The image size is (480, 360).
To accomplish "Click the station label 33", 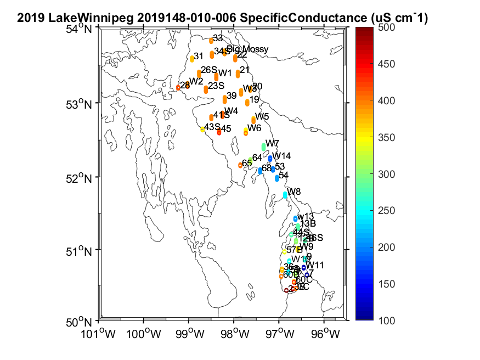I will [x=218, y=38].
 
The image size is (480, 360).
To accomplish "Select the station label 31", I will [x=199, y=56].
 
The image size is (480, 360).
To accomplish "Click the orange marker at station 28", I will [x=178, y=87].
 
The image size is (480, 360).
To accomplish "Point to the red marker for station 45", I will [x=219, y=132].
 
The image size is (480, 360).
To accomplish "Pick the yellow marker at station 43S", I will [x=202, y=130].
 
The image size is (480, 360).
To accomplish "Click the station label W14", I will [x=282, y=156].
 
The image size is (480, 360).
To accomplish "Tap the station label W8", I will [x=294, y=192].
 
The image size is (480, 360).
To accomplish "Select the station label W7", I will [x=273, y=143].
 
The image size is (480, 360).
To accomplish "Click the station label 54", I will [x=284, y=175].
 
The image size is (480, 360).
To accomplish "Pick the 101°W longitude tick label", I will [x=99, y=333].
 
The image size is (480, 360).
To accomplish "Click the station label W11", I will [x=315, y=265].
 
